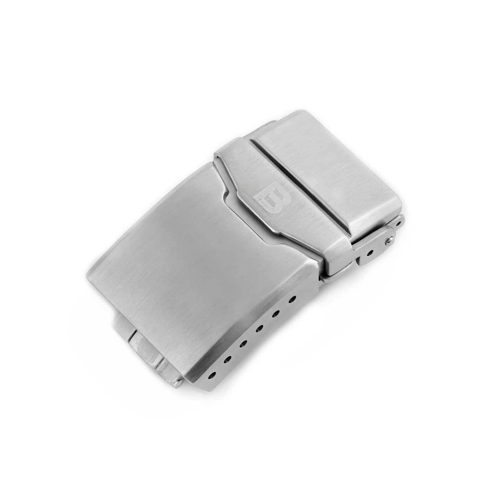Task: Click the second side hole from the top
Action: [276, 314]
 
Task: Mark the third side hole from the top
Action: [260, 328]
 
